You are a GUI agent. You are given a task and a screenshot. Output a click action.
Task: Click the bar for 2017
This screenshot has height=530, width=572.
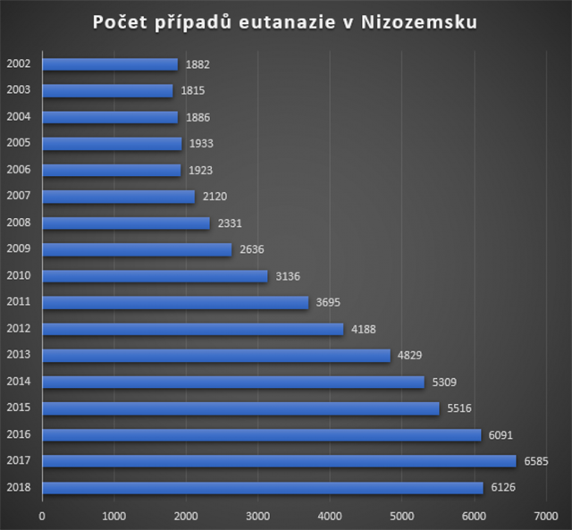tap(279, 461)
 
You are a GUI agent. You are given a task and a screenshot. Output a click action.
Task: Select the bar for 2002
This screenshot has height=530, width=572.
tap(110, 64)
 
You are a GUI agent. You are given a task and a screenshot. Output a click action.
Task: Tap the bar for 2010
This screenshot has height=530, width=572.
tap(155, 276)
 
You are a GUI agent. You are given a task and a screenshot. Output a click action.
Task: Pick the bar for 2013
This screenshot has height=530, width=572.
tap(216, 356)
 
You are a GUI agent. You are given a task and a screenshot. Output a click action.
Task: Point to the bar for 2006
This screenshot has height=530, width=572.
tap(112, 170)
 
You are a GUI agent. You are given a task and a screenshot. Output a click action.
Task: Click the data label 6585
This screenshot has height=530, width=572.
tap(535, 461)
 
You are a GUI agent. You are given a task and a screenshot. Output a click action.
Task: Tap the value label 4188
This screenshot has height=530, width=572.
tap(363, 329)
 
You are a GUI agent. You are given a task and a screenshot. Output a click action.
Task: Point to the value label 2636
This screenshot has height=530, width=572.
tap(252, 249)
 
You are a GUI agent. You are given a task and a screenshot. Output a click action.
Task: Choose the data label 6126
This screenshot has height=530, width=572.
tap(503, 488)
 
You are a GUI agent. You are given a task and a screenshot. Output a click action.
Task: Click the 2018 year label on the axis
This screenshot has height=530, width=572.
tap(19, 488)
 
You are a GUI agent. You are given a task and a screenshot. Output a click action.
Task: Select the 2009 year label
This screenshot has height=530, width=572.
tap(19, 249)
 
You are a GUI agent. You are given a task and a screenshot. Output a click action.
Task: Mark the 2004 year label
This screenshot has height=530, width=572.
tap(19, 117)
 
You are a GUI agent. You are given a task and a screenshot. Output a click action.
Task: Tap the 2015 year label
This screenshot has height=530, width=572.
tap(19, 408)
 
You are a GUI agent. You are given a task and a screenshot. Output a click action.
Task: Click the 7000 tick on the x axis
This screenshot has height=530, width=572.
tap(545, 516)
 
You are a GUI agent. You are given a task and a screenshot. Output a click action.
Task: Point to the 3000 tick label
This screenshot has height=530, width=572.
tap(257, 516)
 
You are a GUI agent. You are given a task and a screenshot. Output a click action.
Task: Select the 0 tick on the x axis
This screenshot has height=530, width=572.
tap(42, 516)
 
